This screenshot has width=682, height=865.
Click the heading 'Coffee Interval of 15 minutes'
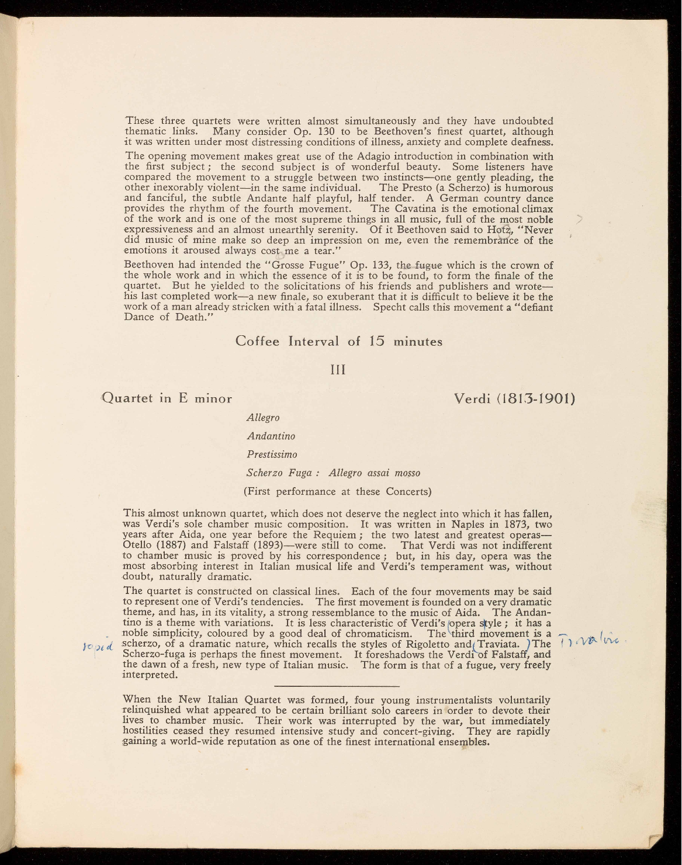point(339,342)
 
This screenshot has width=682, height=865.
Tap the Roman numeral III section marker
point(339,370)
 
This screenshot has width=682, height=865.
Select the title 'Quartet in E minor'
point(167,399)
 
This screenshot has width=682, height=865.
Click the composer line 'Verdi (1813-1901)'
point(515,399)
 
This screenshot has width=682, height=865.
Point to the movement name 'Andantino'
point(271,436)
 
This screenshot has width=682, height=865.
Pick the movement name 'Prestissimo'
point(272,454)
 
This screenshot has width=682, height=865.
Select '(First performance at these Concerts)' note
point(337,492)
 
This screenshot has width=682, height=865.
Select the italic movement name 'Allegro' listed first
point(263,418)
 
